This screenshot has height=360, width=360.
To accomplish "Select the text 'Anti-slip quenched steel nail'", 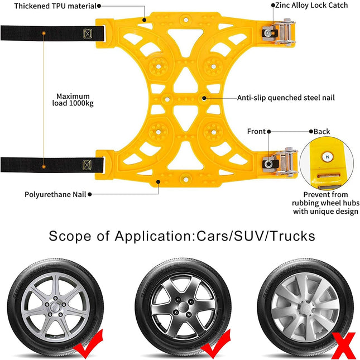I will [286, 98].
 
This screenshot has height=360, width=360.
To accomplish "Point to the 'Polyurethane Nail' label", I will [55, 195].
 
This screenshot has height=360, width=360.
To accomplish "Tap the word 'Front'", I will [256, 132].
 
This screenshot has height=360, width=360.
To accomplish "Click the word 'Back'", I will [321, 132].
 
